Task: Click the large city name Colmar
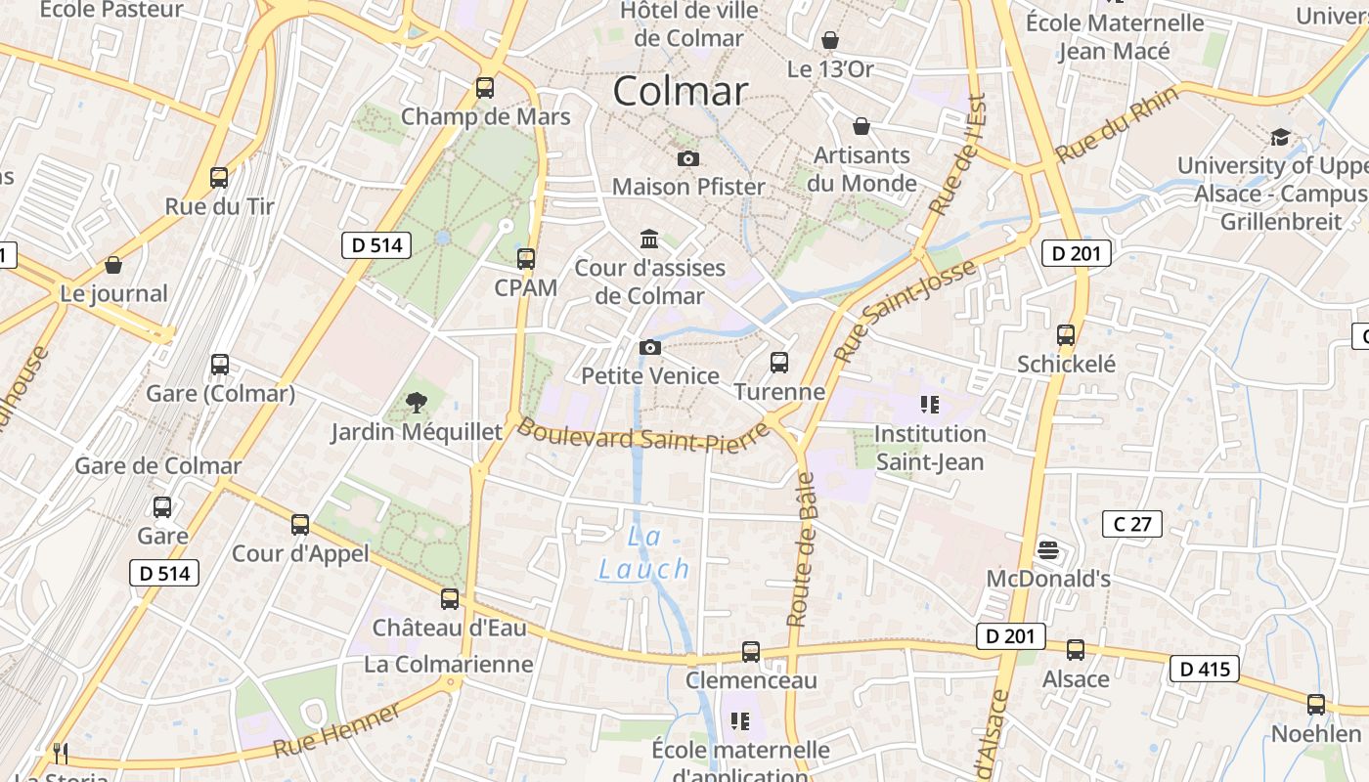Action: (x=681, y=91)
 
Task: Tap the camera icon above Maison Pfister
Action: (x=688, y=158)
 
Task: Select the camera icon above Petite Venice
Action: (x=649, y=347)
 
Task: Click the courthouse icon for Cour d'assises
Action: (x=648, y=239)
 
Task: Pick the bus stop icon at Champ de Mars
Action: (x=485, y=88)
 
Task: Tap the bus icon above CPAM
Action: (x=526, y=259)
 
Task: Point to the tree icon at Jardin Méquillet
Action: (x=417, y=402)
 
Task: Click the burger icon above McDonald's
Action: (x=1048, y=549)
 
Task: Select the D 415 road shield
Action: (x=1205, y=669)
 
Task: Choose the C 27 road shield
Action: (x=1132, y=524)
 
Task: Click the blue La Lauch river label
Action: (x=644, y=552)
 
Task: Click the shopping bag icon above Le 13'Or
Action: (x=830, y=40)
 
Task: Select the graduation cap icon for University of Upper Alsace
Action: (x=1280, y=137)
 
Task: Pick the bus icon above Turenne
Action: (x=779, y=363)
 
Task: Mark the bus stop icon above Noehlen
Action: (x=1316, y=704)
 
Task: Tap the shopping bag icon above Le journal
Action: (x=113, y=265)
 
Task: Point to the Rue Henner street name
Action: (x=336, y=729)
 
